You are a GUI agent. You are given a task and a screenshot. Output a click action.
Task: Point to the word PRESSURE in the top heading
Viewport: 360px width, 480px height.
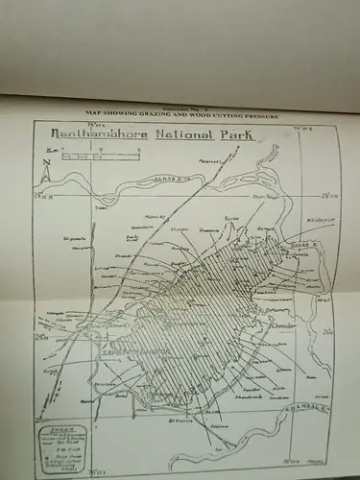coord(256,115)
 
